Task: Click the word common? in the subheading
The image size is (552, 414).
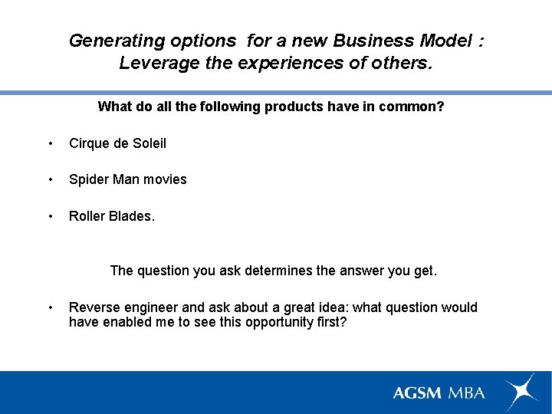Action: pyautogui.click(x=415, y=107)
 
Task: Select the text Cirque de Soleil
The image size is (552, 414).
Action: pyautogui.click(x=117, y=143)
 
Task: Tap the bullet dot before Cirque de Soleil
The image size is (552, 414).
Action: pyautogui.click(x=50, y=144)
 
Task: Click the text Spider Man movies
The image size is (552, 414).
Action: pyautogui.click(x=127, y=179)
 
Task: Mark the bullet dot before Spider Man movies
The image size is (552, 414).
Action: pyautogui.click(x=50, y=180)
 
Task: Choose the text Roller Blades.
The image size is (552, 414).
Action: pyautogui.click(x=111, y=216)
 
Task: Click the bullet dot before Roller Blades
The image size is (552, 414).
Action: pyautogui.click(x=50, y=217)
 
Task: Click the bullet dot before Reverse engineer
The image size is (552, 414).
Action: pyautogui.click(x=50, y=308)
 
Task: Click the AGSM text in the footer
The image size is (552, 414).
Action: pyautogui.click(x=417, y=393)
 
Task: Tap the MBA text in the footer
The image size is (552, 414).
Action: pyautogui.click(x=467, y=393)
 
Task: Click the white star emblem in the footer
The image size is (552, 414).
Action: pyautogui.click(x=521, y=390)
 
